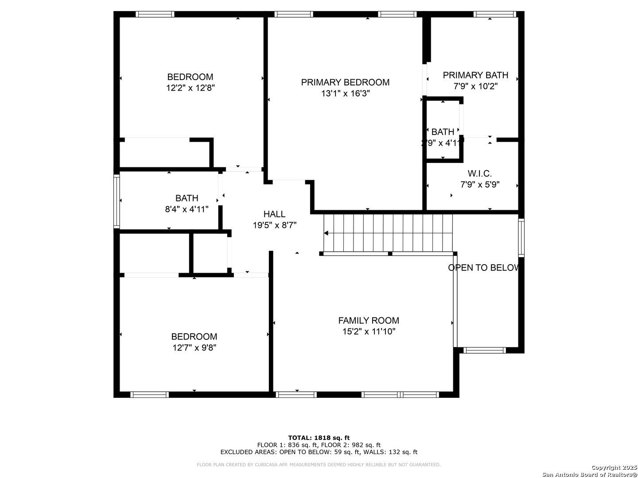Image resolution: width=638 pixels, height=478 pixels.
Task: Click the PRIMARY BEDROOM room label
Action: point(345,82)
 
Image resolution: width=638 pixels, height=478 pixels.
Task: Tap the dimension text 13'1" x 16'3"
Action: point(345,93)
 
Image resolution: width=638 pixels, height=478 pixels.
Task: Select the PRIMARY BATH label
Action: point(475,75)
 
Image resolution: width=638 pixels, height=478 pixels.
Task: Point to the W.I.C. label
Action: point(479,173)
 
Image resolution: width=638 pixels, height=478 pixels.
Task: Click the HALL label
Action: point(274,214)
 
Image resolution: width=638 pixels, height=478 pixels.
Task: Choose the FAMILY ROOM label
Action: point(369,320)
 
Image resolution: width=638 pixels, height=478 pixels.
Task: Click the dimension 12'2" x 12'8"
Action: point(191,88)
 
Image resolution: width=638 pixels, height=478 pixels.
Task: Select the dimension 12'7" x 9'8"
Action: point(194,347)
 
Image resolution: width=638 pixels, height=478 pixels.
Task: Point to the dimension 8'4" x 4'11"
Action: point(187,209)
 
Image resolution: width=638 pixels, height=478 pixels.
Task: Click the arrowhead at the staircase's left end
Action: point(326,233)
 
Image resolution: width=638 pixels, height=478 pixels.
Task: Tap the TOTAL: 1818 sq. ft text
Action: point(319,438)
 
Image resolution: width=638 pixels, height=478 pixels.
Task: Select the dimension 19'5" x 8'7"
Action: point(274,225)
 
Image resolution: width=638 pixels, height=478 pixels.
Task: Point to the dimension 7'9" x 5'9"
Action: point(480,184)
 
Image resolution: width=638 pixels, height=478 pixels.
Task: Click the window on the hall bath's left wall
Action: point(117,201)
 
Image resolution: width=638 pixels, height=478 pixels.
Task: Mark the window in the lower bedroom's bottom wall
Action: point(149,394)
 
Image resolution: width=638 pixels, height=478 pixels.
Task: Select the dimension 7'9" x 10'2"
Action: point(475,86)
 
